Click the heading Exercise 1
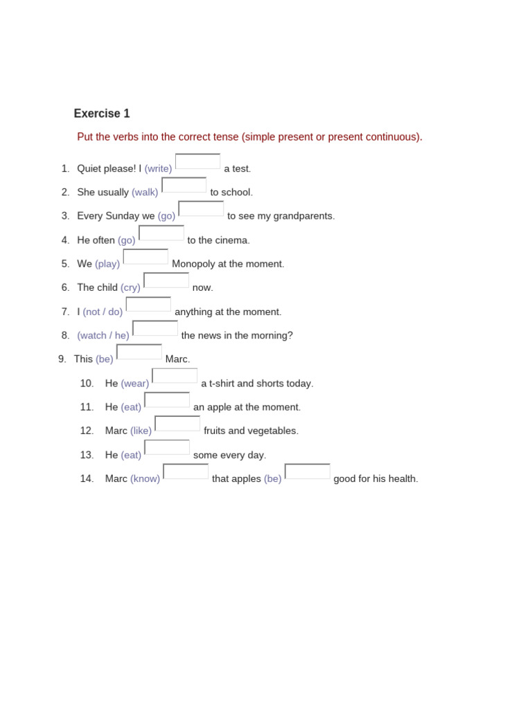pos(102,114)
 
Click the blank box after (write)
pos(198,161)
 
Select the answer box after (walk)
pos(184,185)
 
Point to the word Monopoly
pos(196,264)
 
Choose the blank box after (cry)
pos(166,280)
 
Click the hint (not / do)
pos(103,312)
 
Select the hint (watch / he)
pos(103,336)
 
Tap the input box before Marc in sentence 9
pos(139,352)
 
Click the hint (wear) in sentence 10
pos(135,384)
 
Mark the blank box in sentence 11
pos(167,400)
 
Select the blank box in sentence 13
pos(167,447)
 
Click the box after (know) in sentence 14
pos(186,472)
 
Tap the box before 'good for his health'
pos(308,472)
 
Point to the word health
pos(402,479)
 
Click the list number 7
pos(65,312)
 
